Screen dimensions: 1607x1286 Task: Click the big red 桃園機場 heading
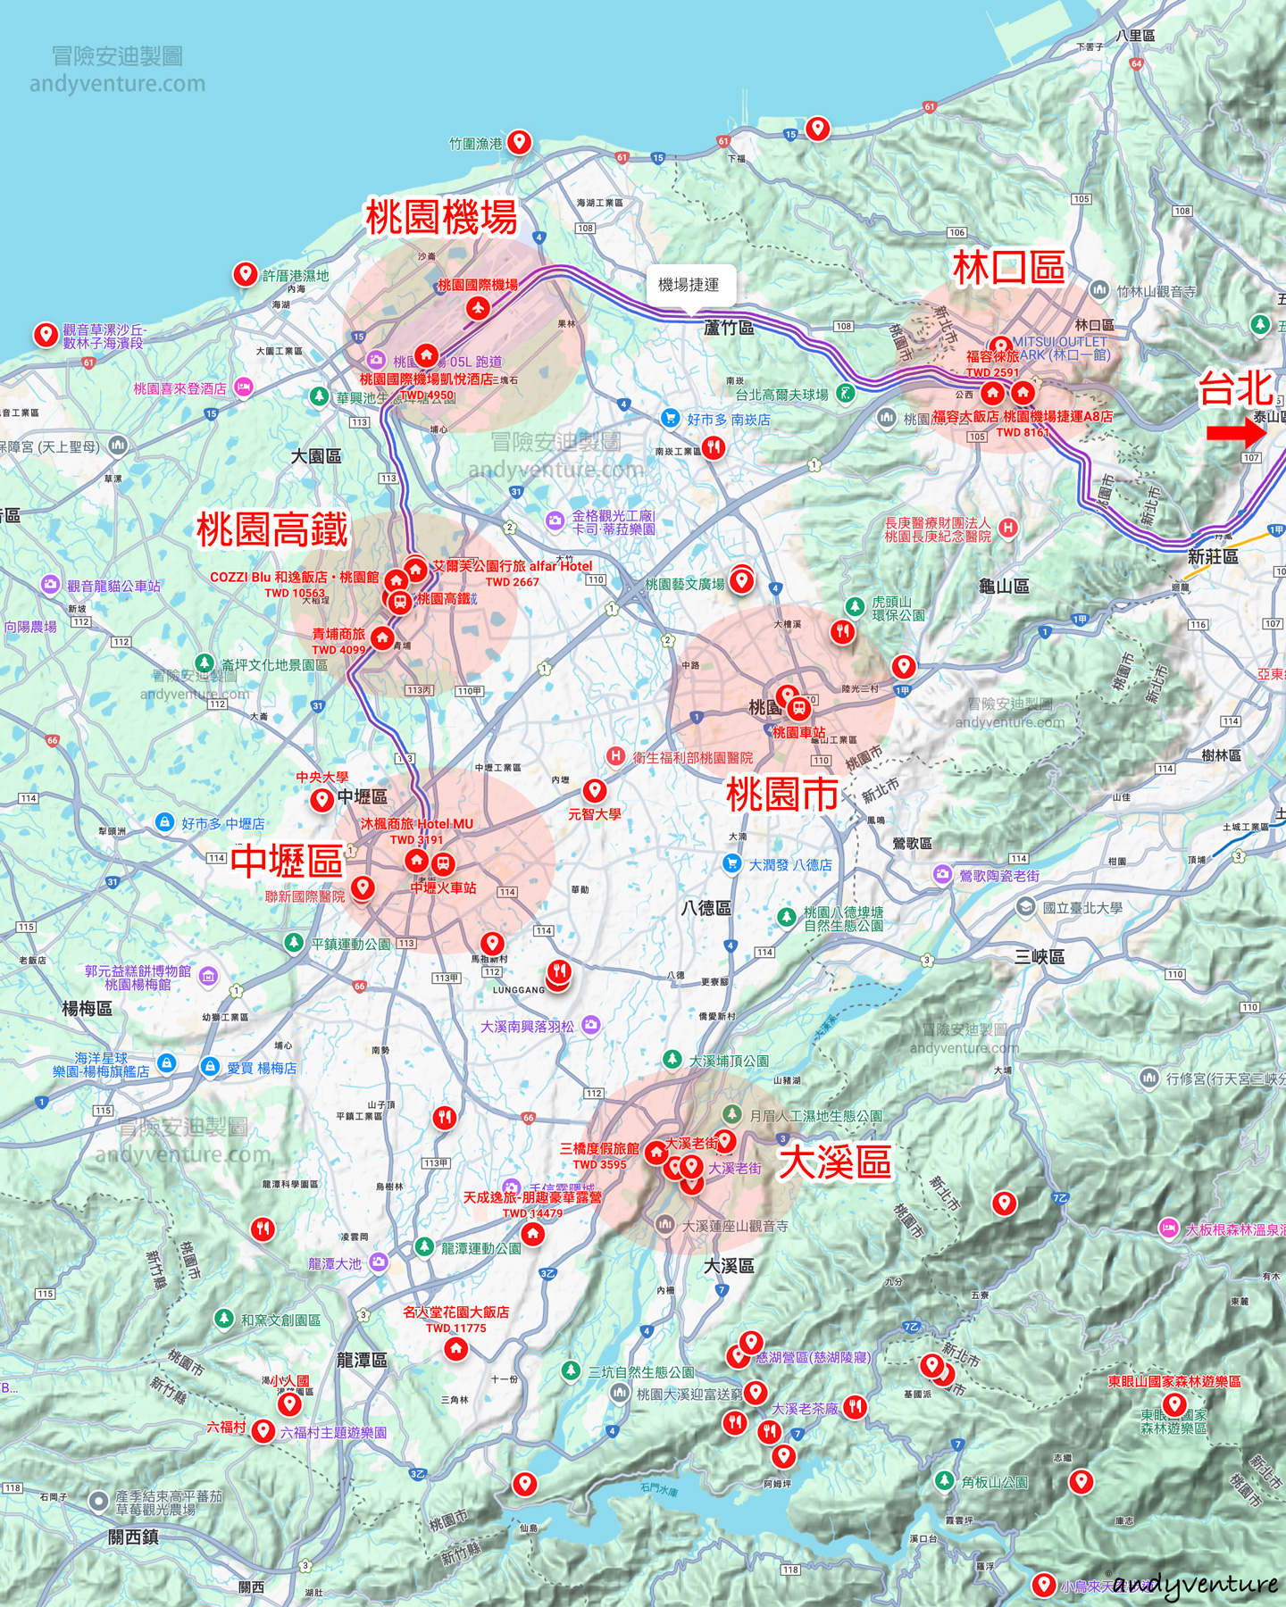[441, 217]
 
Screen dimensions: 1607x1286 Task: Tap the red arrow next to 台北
[1236, 433]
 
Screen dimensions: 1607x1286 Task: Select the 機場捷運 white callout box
[689, 285]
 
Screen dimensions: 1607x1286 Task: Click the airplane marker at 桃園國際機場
[478, 308]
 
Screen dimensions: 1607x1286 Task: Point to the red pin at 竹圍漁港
[519, 141]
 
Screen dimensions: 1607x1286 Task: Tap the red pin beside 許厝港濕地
[246, 273]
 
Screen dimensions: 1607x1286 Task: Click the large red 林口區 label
[1008, 268]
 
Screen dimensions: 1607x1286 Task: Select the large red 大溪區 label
[835, 1162]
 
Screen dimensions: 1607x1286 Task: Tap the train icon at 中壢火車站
[443, 863]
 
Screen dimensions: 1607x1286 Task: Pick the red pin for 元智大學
[595, 789]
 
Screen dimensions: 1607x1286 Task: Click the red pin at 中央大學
[322, 799]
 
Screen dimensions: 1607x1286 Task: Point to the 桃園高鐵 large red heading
[272, 529]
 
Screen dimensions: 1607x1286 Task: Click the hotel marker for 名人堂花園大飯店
[456, 1347]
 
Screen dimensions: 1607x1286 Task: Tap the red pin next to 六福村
[263, 1430]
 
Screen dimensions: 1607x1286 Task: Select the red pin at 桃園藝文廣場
[740, 580]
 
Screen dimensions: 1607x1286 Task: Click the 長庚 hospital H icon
[1007, 528]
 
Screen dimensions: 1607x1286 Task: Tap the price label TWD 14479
[532, 1213]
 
